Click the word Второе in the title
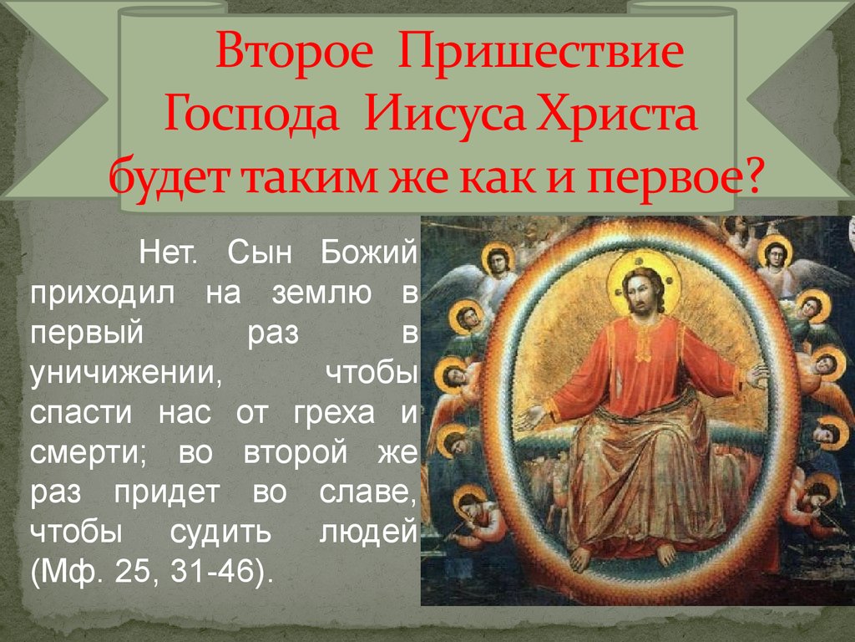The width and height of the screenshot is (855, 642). click(295, 51)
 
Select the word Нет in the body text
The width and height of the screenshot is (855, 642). click(167, 252)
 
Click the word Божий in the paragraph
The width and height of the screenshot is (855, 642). click(368, 252)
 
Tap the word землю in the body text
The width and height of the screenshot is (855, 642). click(321, 293)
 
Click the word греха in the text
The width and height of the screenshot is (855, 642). click(334, 414)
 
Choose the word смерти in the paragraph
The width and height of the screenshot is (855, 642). click(88, 454)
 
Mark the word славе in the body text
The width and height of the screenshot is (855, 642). click(367, 492)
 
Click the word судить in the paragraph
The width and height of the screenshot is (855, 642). click(220, 533)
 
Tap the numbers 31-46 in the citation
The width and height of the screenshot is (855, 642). click(213, 572)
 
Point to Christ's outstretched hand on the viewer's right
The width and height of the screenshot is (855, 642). click(758, 375)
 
